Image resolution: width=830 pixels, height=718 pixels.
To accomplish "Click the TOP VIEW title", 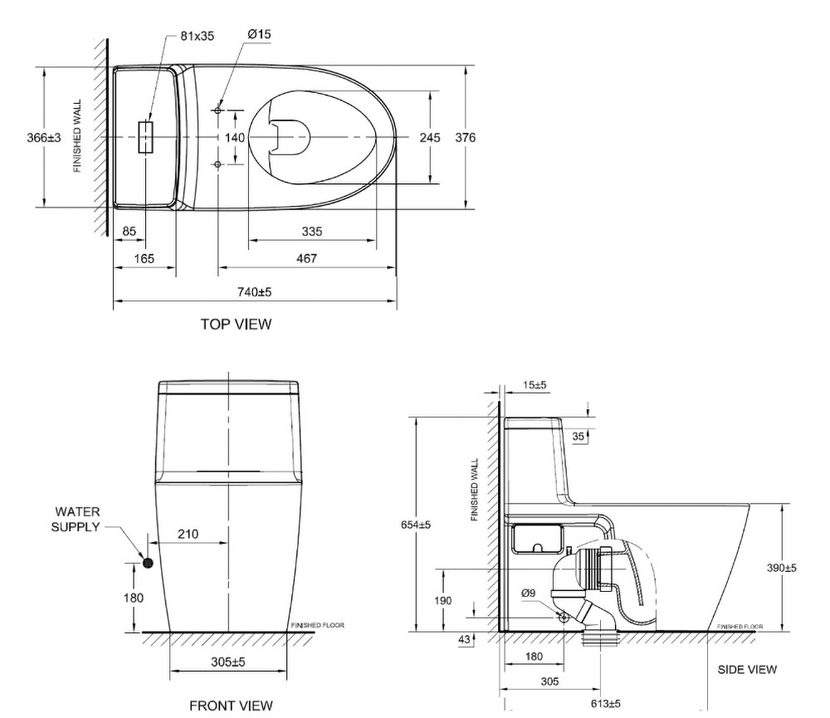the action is click(x=236, y=324).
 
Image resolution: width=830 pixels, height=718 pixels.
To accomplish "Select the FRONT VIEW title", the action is click(x=231, y=706).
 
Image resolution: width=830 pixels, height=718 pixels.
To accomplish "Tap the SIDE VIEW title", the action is click(x=747, y=670).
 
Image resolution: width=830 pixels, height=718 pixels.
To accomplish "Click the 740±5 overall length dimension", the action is click(x=255, y=291).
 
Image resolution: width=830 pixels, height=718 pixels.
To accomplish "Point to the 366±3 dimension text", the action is click(x=44, y=138).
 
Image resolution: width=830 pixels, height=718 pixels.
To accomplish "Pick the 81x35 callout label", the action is click(x=197, y=36).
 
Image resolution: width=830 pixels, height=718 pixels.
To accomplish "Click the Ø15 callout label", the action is click(x=259, y=34).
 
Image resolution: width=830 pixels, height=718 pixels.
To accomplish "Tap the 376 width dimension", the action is click(x=466, y=138).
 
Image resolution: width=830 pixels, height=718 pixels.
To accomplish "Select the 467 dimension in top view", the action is click(x=306, y=258).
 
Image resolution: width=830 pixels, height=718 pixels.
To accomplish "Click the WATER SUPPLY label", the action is click(x=76, y=520).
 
